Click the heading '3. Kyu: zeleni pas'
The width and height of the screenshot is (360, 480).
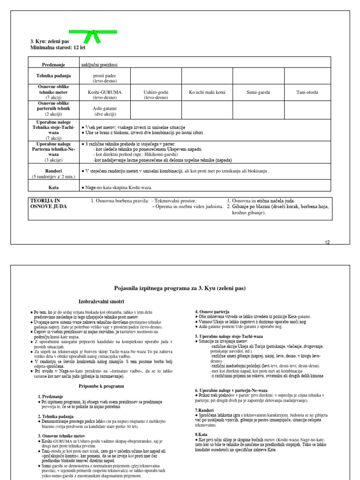coord(49,41)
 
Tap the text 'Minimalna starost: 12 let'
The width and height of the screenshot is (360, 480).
coord(58,47)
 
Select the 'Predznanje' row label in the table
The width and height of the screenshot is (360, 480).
coord(53,62)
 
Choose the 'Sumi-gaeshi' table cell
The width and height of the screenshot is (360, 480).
coord(258,92)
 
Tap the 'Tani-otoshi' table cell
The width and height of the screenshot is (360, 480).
coord(307,92)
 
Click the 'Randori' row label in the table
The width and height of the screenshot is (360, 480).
coord(53,171)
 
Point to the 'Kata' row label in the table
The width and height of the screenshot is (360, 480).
coord(53,187)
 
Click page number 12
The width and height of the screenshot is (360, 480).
coord(327,242)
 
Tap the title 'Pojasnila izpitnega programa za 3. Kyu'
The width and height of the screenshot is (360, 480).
coord(180,288)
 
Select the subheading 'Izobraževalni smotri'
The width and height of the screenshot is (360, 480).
coord(101,301)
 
